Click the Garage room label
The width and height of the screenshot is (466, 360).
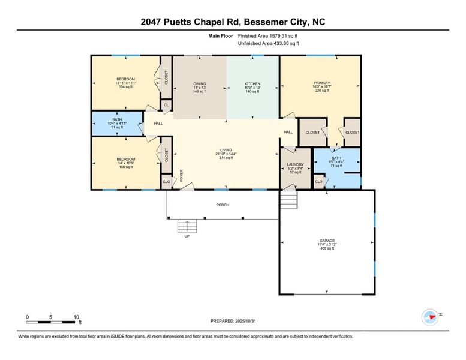(x=327, y=241)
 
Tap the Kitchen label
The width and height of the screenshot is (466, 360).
(x=252, y=84)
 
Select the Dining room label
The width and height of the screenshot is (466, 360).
(x=199, y=84)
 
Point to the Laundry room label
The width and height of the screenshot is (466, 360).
(x=295, y=164)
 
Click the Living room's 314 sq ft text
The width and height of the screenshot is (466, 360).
(x=226, y=158)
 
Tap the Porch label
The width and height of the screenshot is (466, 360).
(x=222, y=205)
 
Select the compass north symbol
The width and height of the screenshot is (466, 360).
(x=430, y=316)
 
